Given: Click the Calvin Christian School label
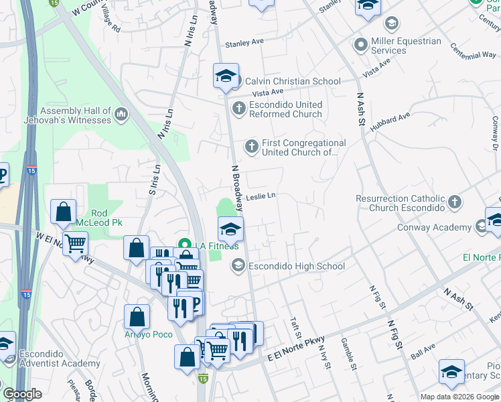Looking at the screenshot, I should click(293, 81).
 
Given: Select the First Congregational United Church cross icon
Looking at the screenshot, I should click(251, 146).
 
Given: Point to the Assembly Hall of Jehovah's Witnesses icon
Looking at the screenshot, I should click(121, 115).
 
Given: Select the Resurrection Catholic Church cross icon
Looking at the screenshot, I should click(454, 202).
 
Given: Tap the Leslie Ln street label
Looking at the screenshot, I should click(261, 196).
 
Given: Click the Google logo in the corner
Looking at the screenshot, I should click(23, 394).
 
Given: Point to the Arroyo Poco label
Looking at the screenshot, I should click(148, 334).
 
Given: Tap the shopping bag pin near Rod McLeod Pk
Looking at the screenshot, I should click(63, 212).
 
